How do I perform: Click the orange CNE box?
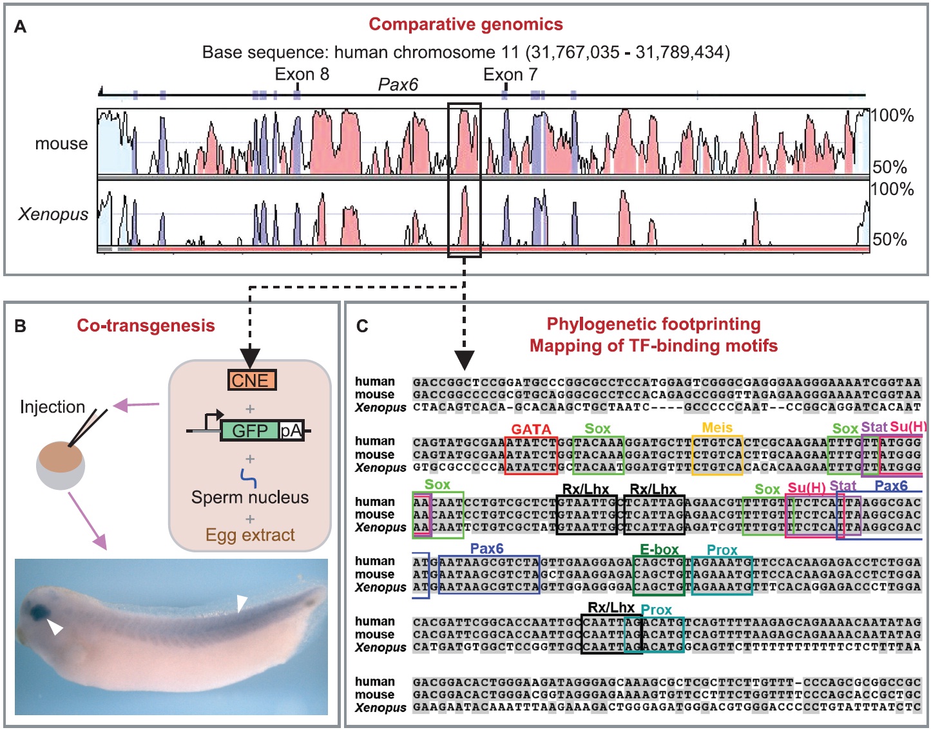pyautogui.click(x=251, y=380)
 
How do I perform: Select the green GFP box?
pyautogui.click(x=249, y=431)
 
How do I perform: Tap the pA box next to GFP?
pyautogui.click(x=291, y=431)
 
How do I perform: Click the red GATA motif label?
pyautogui.click(x=531, y=429)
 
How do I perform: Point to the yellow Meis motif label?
pyautogui.click(x=717, y=428)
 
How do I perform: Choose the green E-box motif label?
pyautogui.click(x=659, y=550)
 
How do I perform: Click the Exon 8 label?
pyautogui.click(x=302, y=75)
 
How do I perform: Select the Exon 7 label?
pyautogui.click(x=510, y=75)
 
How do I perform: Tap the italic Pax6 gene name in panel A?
pyautogui.click(x=398, y=85)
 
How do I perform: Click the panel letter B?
pyautogui.click(x=21, y=326)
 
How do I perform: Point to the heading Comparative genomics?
pyautogui.click(x=465, y=24)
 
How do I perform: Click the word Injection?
pyautogui.click(x=52, y=407)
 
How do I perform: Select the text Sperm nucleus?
pyautogui.click(x=249, y=498)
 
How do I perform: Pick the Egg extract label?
pyautogui.click(x=250, y=535)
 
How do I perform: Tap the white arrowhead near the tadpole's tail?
pyautogui.click(x=242, y=603)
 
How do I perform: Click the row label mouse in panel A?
pyautogui.click(x=61, y=144)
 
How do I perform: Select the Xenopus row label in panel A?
pyautogui.click(x=53, y=214)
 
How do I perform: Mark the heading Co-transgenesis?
pyautogui.click(x=146, y=326)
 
